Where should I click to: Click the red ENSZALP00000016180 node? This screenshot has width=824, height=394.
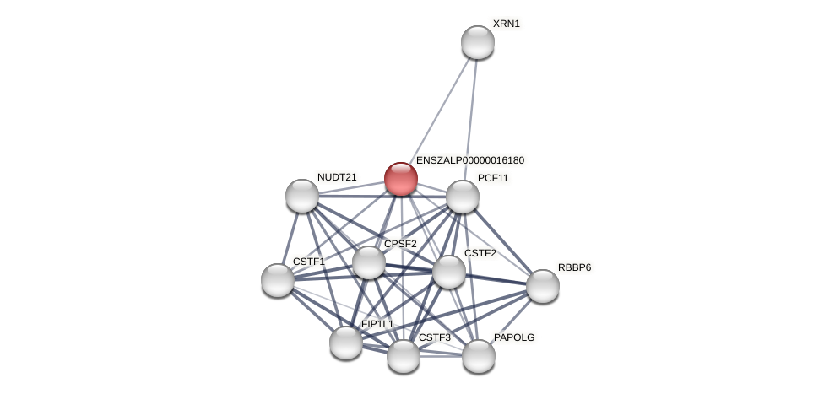point(401,179)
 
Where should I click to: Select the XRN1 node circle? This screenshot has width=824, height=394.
point(478,42)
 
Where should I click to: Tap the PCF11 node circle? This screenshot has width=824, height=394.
point(463,197)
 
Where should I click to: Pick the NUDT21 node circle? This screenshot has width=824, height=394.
point(302,196)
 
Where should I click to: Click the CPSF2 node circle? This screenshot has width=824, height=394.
point(369,262)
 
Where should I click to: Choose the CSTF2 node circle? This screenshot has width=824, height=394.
point(449,272)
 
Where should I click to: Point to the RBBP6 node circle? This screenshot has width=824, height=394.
point(543,286)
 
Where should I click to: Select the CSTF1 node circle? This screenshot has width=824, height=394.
point(278,280)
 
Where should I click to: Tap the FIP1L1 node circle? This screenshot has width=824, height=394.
point(346,343)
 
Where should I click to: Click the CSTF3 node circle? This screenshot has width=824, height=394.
point(404,356)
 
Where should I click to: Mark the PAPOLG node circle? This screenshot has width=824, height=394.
point(479,356)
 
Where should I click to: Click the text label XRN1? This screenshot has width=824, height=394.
point(507,24)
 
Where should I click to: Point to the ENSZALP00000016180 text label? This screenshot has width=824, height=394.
point(470,160)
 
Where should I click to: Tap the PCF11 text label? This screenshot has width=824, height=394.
point(493,178)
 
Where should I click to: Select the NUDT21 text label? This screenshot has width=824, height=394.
point(337,177)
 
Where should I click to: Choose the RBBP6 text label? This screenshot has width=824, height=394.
point(574,267)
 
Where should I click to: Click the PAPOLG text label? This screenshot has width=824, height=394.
point(514,337)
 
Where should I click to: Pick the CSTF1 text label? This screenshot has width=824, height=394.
point(308,262)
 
